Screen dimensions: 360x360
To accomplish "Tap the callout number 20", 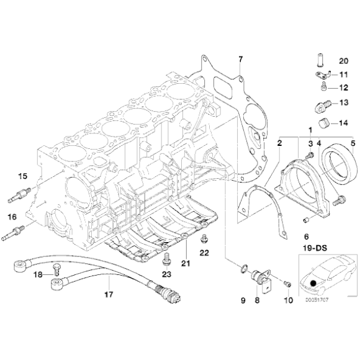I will coord(343,60).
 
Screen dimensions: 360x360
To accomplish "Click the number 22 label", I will coord(205,252).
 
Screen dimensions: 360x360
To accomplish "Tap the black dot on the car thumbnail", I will coord(313,285).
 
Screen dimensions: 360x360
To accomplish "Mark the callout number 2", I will coord(281,143).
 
